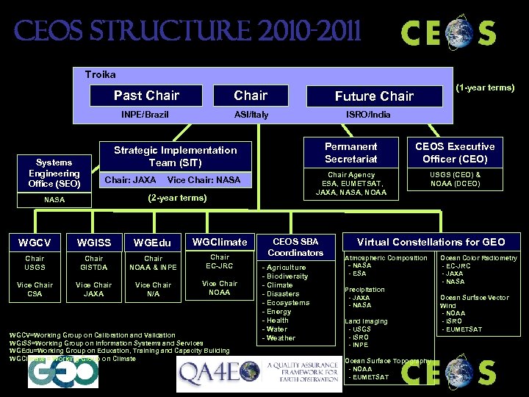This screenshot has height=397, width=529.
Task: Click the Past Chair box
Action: (146, 96)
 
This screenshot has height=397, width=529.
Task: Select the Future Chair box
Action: (374, 96)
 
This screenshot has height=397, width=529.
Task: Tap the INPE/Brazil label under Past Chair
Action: (145, 115)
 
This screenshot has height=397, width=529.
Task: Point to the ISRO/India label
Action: (369, 115)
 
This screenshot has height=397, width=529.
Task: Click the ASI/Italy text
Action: (251, 115)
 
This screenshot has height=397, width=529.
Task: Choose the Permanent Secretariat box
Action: (351, 152)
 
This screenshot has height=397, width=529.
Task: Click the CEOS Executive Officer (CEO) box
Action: (456, 152)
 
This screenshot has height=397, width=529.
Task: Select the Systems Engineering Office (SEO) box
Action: (50, 173)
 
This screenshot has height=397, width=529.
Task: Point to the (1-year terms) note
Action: (485, 88)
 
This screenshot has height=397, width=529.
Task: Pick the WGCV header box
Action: (35, 243)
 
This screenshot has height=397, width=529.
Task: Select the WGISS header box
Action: (93, 243)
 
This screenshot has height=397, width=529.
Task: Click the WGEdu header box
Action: (152, 243)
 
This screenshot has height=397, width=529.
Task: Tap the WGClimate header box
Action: (220, 241)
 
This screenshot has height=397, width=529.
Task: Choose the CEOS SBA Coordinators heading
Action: (295, 247)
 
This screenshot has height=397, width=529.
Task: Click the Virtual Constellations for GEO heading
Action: (431, 242)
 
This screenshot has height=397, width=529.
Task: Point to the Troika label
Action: (100, 75)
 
